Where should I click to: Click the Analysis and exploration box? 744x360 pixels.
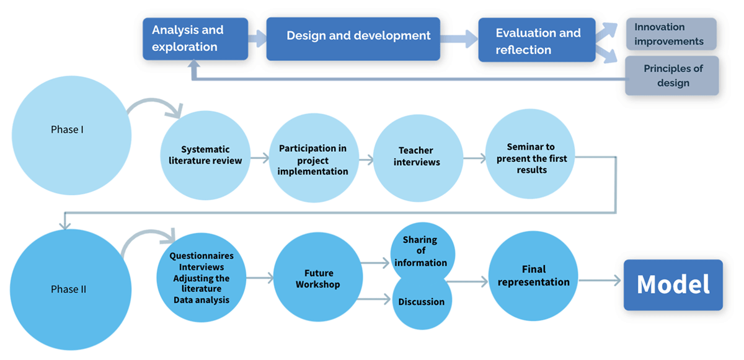[195, 39]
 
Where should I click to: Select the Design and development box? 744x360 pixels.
[353, 39]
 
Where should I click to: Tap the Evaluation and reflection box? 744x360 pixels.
[537, 40]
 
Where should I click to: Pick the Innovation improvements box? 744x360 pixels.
[671, 34]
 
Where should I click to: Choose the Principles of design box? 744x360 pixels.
[672, 76]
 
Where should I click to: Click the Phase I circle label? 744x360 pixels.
[67, 130]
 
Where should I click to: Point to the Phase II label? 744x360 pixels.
[68, 289]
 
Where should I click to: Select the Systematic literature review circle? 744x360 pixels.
[205, 156]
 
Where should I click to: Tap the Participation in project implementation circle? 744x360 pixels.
[314, 158]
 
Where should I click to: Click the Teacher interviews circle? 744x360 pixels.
[418, 158]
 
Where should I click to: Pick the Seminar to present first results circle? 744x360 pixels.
[530, 154]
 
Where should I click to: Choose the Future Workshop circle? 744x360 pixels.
[318, 277]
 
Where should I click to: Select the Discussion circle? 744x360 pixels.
[422, 302]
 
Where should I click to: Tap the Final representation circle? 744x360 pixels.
[533, 276]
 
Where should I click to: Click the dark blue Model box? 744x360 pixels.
[673, 285]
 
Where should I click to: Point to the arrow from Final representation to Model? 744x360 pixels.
[600, 281]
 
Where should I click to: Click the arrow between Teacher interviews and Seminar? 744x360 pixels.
[475, 158]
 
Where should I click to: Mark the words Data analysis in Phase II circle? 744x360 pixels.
[201, 300]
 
